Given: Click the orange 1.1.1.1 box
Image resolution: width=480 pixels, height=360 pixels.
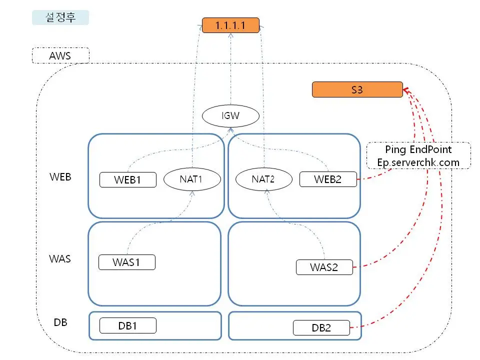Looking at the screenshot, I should point(230,25).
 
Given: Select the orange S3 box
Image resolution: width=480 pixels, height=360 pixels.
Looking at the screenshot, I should point(357,89).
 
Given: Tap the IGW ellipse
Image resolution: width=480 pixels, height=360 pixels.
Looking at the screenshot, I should point(230,116).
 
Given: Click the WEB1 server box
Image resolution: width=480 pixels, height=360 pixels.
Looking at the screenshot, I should point(128,179).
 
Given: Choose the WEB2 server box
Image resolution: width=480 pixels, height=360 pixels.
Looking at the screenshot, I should point(328,179).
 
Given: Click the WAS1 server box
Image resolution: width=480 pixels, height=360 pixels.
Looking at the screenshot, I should point(126,262).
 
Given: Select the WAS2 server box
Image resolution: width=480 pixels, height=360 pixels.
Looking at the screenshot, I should point(324,267).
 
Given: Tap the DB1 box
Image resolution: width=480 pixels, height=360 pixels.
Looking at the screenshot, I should point(128,325).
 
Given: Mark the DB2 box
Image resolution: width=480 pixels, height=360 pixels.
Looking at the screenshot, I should point(321,328).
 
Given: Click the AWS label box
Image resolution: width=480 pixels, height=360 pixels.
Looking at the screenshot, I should point(60,55).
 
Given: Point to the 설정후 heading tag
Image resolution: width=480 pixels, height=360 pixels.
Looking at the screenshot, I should point(60,17).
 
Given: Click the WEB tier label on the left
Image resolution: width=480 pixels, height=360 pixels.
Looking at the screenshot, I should point(60,176).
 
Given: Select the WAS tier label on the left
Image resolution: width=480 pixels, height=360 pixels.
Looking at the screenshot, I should point(60,259).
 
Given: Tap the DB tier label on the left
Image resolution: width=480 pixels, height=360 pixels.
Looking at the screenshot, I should point(60,322).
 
